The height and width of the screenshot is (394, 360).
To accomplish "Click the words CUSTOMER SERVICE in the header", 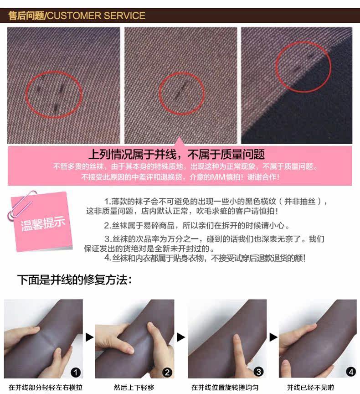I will pyautogui.click(x=96, y=16).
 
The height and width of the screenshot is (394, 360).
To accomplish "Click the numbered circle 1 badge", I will pyautogui.click(x=76, y=373).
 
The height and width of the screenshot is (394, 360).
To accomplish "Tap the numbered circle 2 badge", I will pyautogui.click(x=168, y=373).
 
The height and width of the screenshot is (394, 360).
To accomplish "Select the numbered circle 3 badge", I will pyautogui.click(x=259, y=373).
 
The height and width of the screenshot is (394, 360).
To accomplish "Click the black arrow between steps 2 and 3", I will pyautogui.click(x=181, y=337).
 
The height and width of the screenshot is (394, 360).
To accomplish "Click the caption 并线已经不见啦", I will pyautogui.click(x=310, y=388).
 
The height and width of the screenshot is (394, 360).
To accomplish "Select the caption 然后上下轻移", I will pyautogui.click(x=134, y=388).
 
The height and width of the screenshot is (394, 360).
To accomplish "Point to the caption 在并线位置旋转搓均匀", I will pyautogui.click(x=225, y=388).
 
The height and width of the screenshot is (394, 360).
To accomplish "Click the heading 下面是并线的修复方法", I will pyautogui.click(x=74, y=280).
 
